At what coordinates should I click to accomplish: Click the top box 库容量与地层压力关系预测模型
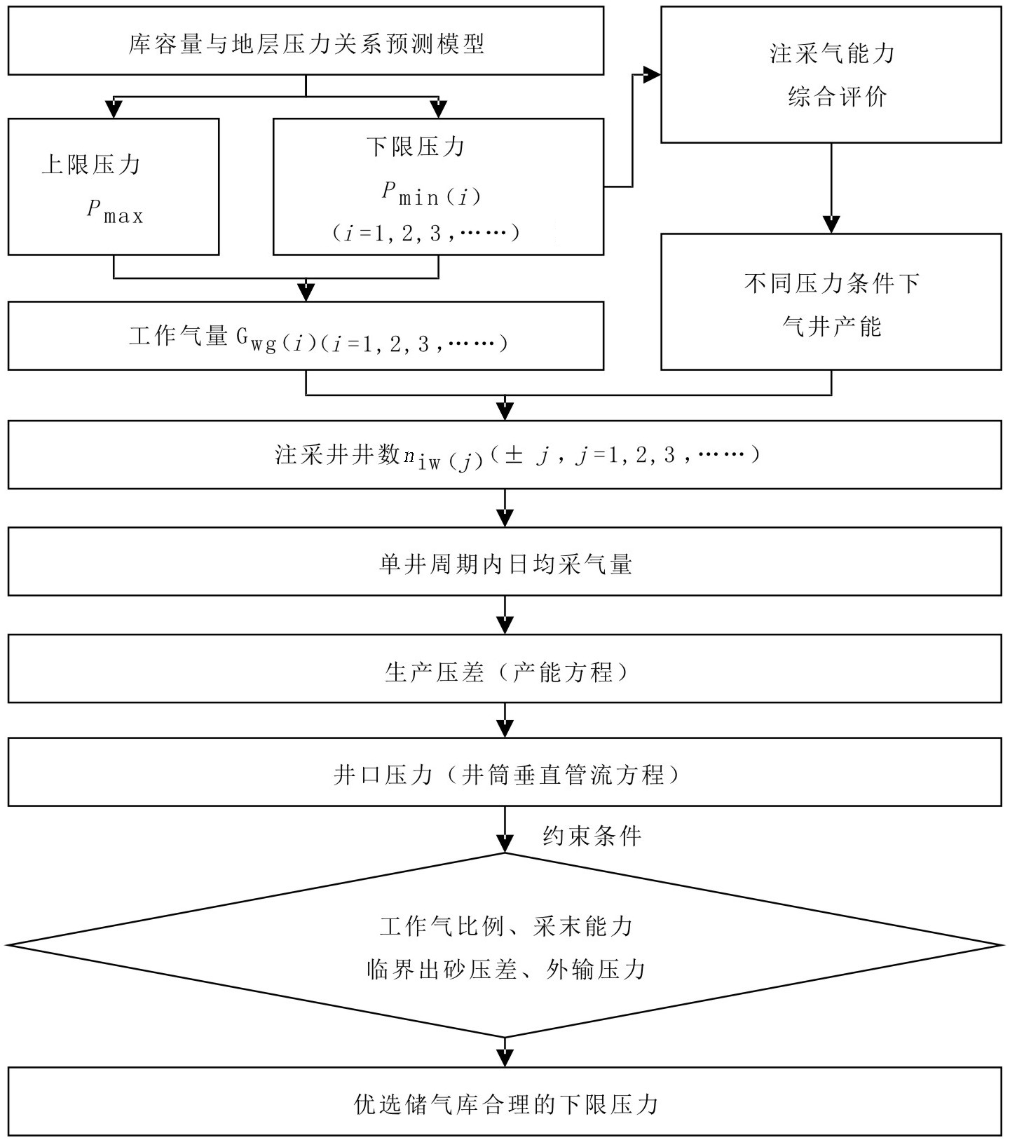[306, 41]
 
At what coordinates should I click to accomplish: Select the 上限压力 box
[114, 186]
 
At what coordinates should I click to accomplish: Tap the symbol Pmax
[115, 211]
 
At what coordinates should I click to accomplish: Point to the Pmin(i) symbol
[431, 194]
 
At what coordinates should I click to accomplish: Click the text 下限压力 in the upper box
[416, 147]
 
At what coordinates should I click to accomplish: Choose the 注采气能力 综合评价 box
[831, 75]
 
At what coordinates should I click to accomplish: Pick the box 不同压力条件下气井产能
[831, 301]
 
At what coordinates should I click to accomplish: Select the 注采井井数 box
[505, 455]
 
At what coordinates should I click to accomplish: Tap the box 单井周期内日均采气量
[505, 562]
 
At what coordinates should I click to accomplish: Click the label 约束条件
[592, 836]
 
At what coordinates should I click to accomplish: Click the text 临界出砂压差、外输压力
[505, 969]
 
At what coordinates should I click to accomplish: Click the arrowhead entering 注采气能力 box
[652, 75]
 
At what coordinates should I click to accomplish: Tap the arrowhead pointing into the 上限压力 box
[114, 109]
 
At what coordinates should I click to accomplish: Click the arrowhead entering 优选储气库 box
[505, 1057]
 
